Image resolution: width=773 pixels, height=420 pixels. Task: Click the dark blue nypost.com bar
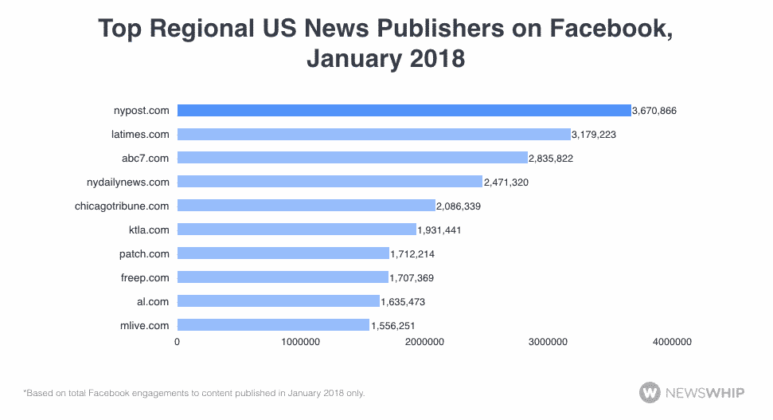tap(404, 110)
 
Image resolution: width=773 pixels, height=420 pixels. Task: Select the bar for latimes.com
tap(373, 134)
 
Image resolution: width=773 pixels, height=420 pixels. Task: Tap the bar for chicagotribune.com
tap(306, 206)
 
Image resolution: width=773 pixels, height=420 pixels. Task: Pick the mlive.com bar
tap(273, 325)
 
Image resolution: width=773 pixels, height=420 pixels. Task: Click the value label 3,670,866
tap(654, 111)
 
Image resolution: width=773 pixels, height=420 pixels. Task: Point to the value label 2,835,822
tap(551, 159)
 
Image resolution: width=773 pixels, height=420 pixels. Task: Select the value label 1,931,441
tap(439, 230)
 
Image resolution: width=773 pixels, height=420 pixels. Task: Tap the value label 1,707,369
tap(412, 278)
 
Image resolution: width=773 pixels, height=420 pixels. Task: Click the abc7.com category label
tap(149, 158)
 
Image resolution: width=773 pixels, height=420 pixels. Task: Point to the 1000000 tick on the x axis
tap(301, 342)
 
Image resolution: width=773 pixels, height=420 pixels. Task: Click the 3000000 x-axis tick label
tap(548, 342)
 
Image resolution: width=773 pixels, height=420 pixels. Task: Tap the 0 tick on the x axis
tap(178, 342)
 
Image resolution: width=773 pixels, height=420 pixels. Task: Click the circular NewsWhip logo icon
tap(650, 392)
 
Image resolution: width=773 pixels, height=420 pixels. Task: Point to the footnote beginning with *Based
tap(194, 393)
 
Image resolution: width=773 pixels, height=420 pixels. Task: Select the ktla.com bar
tap(296, 230)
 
